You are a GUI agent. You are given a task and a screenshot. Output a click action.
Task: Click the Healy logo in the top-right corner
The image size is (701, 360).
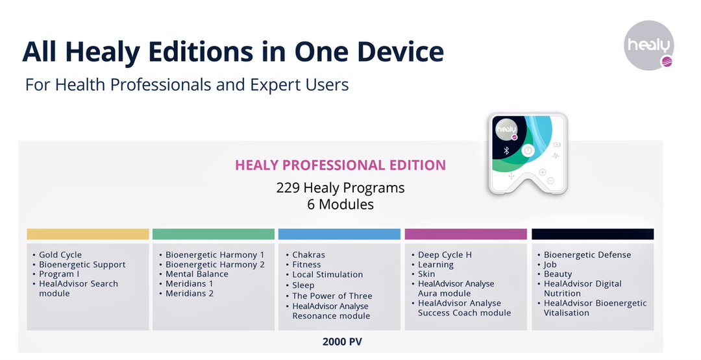pyautogui.click(x=648, y=45)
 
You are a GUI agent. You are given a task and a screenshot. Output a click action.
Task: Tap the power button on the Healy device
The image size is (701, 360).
pyautogui.click(x=528, y=150)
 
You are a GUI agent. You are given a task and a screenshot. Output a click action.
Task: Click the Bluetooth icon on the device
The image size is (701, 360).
pyautogui.click(x=506, y=150)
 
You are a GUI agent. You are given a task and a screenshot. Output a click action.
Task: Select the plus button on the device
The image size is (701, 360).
pyautogui.click(x=542, y=172)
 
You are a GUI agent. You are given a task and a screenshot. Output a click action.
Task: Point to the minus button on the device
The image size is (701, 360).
pyautogui.click(x=551, y=180)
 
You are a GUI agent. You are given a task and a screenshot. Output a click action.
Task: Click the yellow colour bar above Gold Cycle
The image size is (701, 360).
pyautogui.click(x=88, y=234)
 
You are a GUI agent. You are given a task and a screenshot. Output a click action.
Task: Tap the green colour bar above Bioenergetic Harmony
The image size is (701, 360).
pyautogui.click(x=214, y=234)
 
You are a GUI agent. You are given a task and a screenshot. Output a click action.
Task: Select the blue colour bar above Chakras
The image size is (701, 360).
pyautogui.click(x=339, y=234)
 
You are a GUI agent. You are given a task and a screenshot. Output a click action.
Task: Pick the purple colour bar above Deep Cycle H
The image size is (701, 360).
pyautogui.click(x=466, y=234)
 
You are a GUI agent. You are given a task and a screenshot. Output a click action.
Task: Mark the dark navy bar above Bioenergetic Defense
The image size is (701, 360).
pyautogui.click(x=593, y=234)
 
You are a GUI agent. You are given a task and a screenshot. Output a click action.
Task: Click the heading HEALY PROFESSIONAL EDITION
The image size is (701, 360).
pyautogui.click(x=341, y=165)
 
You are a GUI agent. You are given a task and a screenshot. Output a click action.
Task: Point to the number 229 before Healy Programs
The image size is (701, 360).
pyautogui.click(x=288, y=187)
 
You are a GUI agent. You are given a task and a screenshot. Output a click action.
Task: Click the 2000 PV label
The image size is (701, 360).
pyautogui.click(x=343, y=342)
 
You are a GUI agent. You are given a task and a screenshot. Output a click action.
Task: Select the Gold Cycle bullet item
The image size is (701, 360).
pyautogui.click(x=60, y=255)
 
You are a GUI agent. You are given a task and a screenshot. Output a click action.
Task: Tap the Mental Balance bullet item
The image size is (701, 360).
pyautogui.click(x=197, y=274)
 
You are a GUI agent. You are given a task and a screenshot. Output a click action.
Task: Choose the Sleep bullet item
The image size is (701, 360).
pyautogui.click(x=303, y=285)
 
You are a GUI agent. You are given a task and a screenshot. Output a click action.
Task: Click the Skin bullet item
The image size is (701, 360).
pyautogui.click(x=426, y=274)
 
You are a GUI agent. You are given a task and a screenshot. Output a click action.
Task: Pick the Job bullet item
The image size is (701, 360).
pyautogui.click(x=550, y=265)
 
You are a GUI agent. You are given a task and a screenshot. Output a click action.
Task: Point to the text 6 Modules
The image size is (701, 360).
pyautogui.click(x=341, y=204)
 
